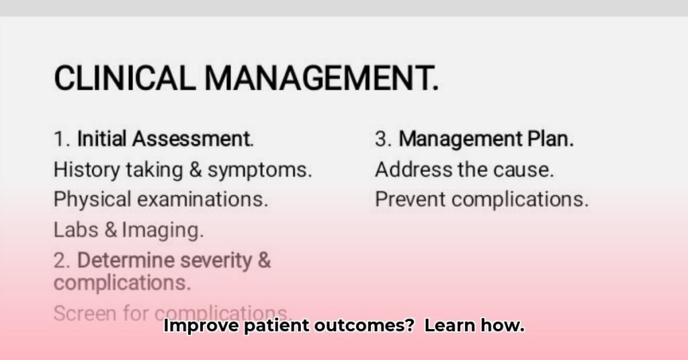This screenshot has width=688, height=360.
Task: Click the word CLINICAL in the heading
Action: [x=125, y=78]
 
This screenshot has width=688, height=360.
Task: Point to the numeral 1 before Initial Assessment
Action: [x=59, y=140]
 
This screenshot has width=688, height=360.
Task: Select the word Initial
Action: [x=102, y=140]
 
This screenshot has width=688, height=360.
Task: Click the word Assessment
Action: [x=192, y=140]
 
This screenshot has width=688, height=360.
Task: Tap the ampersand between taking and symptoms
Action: [x=196, y=170]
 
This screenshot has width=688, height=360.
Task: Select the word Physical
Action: [x=91, y=199]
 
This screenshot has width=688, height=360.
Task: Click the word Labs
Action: [x=76, y=230]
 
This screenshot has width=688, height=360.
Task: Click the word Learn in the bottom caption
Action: [x=451, y=326]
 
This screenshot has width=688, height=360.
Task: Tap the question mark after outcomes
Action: [x=409, y=326]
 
